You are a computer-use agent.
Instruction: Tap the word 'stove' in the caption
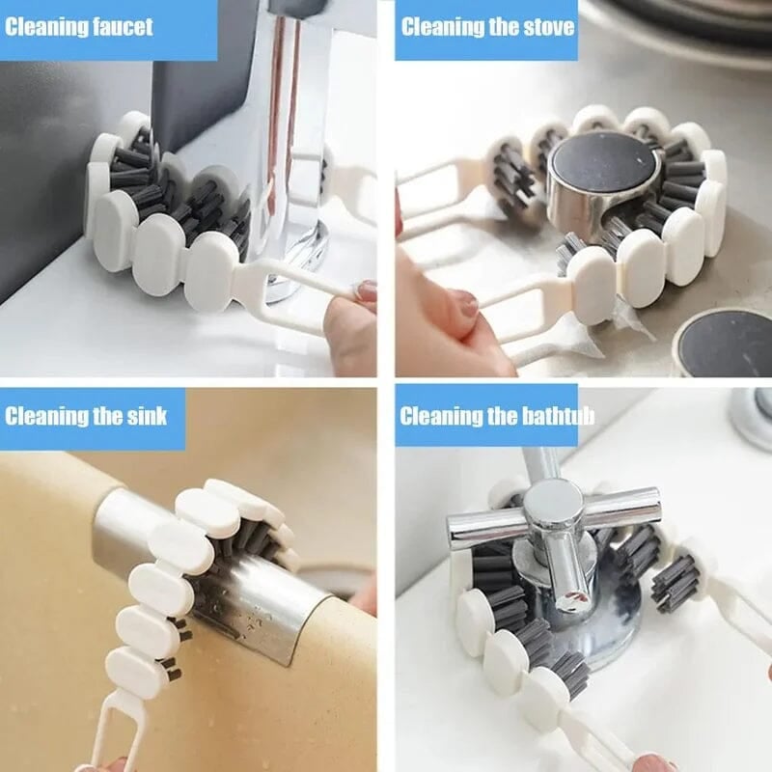(545, 26)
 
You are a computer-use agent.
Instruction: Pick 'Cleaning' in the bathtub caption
(440, 417)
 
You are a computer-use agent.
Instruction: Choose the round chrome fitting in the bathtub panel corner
(753, 415)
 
